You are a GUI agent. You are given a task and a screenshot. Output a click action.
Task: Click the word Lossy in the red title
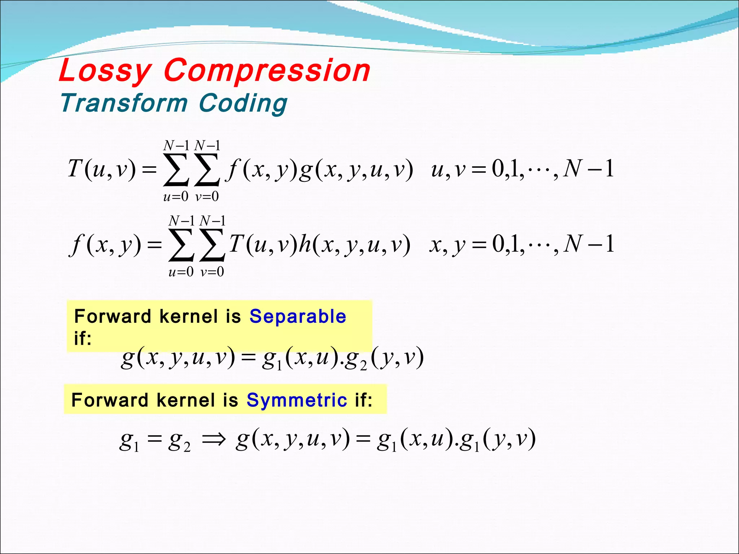click(x=105, y=71)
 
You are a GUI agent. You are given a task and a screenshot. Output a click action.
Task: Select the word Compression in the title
click(x=267, y=71)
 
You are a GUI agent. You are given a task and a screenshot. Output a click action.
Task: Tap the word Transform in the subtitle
click(x=124, y=103)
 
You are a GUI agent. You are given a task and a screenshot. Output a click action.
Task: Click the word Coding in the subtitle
click(x=243, y=104)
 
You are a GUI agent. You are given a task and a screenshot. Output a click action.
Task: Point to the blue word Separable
click(x=298, y=316)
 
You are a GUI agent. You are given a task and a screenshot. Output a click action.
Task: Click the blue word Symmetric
click(x=297, y=400)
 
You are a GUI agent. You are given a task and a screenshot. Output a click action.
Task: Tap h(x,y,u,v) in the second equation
click(x=355, y=244)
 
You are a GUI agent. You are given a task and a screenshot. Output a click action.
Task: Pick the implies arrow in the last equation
click(x=214, y=439)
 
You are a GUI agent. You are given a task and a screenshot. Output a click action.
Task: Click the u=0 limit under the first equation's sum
click(x=176, y=197)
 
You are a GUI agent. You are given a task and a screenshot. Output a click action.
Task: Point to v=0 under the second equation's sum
click(x=212, y=272)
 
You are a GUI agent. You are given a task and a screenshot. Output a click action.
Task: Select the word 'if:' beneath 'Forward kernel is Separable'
click(x=83, y=338)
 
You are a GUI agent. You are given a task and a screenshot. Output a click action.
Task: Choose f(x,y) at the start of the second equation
click(x=105, y=245)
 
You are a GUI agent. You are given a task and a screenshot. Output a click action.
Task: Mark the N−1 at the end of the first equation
click(x=589, y=169)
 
